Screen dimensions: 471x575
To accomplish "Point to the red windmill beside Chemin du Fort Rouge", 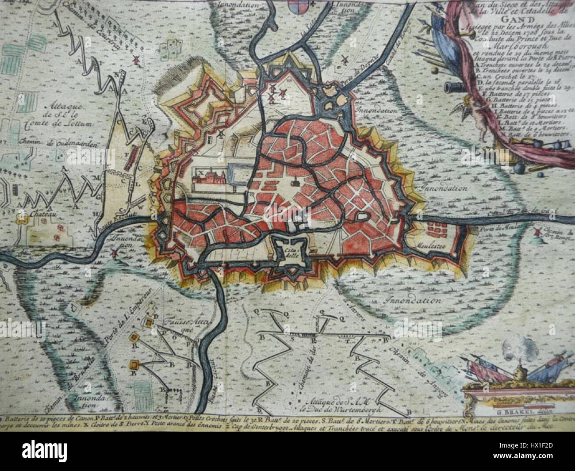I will click(538, 232).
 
